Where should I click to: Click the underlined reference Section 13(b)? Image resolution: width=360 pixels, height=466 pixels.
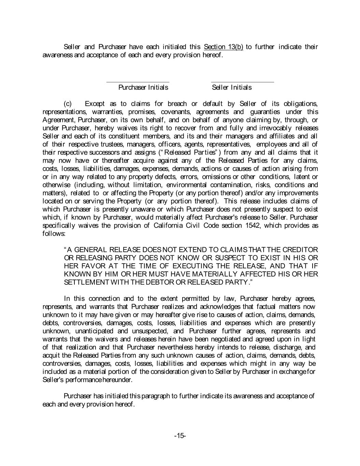tap(223, 47)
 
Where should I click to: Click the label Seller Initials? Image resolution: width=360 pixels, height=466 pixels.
tap(232, 88)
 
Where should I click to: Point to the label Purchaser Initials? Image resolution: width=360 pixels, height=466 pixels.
tap(143, 88)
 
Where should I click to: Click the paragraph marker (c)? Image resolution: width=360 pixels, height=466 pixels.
tap(68, 104)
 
